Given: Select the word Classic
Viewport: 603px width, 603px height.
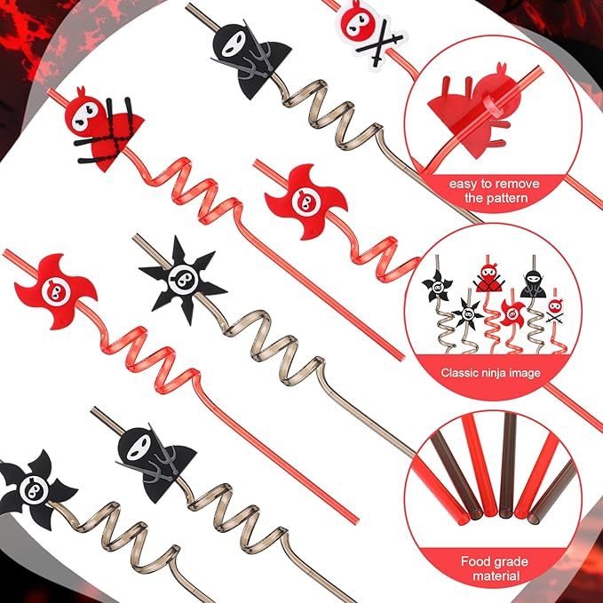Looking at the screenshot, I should [465, 373].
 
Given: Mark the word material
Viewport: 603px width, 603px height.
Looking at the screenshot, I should [498, 576].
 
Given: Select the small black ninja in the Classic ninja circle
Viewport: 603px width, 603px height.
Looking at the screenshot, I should [534, 282].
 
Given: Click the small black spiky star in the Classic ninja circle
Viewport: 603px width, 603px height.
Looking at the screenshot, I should [467, 312].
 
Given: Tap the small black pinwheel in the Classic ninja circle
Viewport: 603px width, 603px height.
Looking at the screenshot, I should [437, 286].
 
